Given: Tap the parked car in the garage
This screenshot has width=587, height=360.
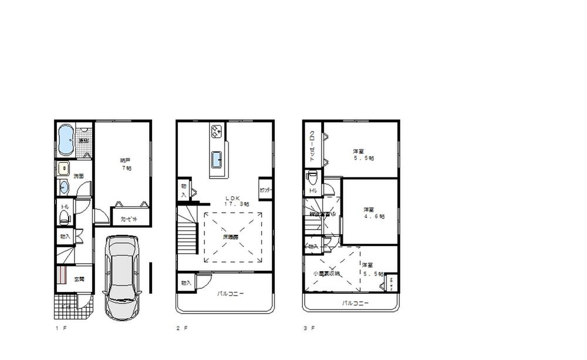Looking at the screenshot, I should (122, 277).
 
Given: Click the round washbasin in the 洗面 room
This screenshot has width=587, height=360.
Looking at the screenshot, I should (64, 187).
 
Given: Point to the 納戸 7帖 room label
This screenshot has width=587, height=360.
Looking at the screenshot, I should (125, 164).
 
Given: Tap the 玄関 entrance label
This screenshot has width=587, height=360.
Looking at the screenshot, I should (79, 279).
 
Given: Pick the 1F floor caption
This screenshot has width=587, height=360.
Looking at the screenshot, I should (61, 328).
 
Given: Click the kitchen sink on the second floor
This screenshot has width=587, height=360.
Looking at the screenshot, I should (216, 158).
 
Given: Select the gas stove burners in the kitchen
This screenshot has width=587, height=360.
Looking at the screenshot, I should (215, 131).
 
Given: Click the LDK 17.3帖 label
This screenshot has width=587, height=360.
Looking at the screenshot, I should (235, 200).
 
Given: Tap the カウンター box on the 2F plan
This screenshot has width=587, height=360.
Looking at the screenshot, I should (265, 190).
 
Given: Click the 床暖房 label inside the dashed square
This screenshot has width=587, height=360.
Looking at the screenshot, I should (230, 237).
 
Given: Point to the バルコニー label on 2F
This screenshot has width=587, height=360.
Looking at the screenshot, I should (230, 293).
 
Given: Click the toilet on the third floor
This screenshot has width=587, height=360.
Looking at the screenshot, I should (312, 177).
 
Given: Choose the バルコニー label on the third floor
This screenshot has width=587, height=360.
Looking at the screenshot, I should (356, 304).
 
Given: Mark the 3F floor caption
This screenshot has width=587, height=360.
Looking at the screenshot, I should (309, 328).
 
